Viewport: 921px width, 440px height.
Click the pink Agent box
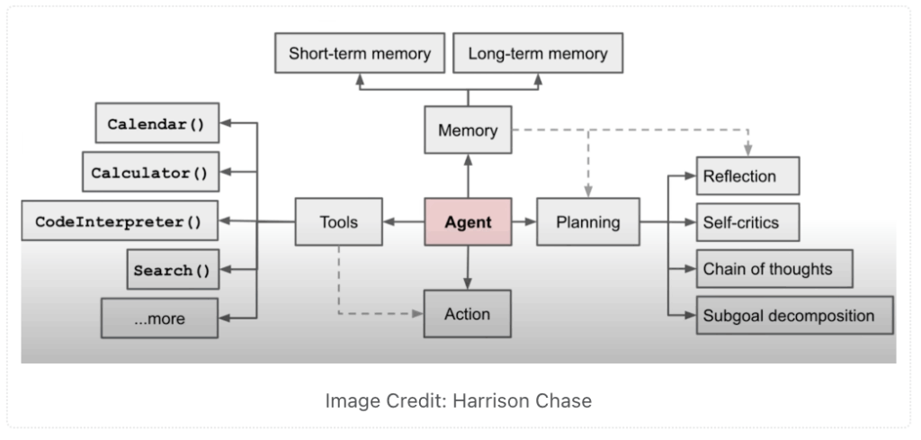click(x=468, y=221)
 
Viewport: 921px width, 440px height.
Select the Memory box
click(x=468, y=130)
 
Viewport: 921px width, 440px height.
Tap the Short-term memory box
click(x=360, y=54)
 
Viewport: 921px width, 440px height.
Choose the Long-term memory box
click(x=538, y=54)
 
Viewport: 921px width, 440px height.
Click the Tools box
click(x=338, y=221)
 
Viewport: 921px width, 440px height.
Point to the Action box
click(x=468, y=314)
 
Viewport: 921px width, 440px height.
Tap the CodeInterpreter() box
click(x=118, y=220)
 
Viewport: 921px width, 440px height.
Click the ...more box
click(x=159, y=318)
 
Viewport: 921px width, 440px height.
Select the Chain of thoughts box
click(x=772, y=268)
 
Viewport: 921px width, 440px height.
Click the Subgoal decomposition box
click(x=795, y=316)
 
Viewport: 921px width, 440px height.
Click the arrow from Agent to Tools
click(x=403, y=221)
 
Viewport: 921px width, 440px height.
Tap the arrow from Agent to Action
click(x=468, y=267)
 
